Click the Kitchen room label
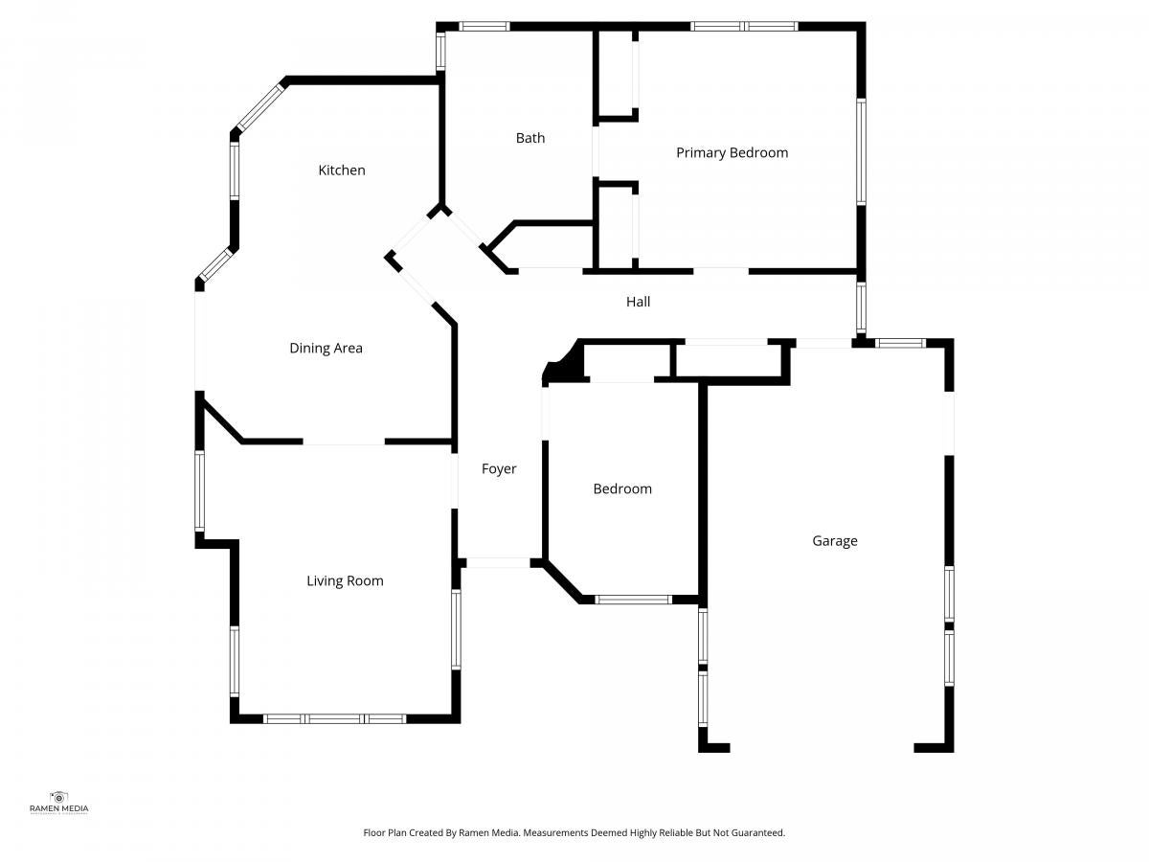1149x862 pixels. tap(341, 170)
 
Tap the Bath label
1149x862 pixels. tap(530, 138)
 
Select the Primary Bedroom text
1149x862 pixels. tap(732, 153)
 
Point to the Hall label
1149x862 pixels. tap(638, 302)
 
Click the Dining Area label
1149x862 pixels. tap(326, 349)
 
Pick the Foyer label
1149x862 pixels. tap(499, 469)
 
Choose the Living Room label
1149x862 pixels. tap(345, 581)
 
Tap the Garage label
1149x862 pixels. tap(834, 540)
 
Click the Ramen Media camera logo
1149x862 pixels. tap(58, 798)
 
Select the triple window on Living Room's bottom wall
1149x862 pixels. tap(334, 718)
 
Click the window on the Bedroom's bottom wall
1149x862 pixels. tap(633, 600)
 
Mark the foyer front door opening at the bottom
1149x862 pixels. tap(498, 562)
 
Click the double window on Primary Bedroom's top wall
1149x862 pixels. tap(744, 26)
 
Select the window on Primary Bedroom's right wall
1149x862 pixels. tap(861, 151)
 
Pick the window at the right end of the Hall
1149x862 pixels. tap(861, 307)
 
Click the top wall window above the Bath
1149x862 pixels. tap(484, 26)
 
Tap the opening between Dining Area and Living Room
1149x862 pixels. tap(344, 442)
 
